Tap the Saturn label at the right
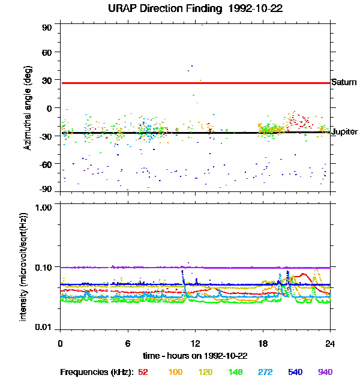tap(344, 82)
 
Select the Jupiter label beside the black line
tap(344, 131)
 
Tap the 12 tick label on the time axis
tap(195, 344)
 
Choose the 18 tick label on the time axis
tap(263, 344)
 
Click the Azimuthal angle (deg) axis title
tap(28, 109)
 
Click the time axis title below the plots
tap(195, 355)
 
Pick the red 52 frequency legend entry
tap(143, 372)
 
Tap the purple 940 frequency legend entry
tap(325, 372)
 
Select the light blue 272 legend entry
tap(266, 372)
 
